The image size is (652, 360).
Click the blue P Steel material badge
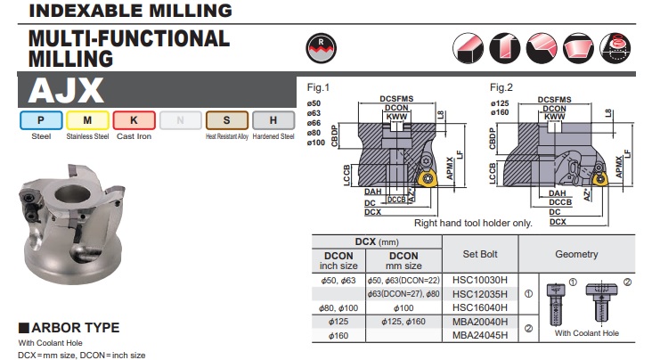pos(41,120)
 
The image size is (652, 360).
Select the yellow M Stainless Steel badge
pos(88,120)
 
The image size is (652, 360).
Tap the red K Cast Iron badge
pos(134,120)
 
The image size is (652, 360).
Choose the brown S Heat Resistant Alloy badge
pos(227,120)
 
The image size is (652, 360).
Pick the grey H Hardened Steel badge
pos(273,120)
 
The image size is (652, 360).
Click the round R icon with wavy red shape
pos(321,48)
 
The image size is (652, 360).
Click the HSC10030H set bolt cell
pos(480,280)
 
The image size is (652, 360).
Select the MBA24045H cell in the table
pos(480,335)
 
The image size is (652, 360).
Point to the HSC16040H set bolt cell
pos(480,307)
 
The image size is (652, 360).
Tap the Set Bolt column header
pos(480,254)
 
